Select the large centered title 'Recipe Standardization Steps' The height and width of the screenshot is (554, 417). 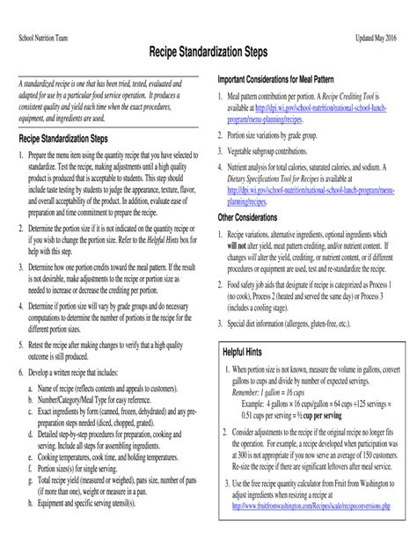click(x=208, y=56)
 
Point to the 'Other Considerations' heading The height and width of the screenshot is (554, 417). click(x=252, y=215)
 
